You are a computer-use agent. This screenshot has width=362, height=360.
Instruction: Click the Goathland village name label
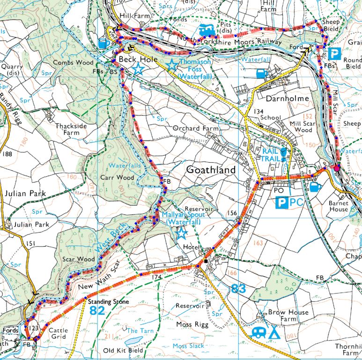[x=211, y=170]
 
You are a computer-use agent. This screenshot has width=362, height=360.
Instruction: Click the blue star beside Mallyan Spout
[x=181, y=232]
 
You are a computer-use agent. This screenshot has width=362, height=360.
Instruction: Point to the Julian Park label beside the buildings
[x=31, y=225]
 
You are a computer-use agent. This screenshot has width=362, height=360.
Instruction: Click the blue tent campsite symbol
[x=274, y=332]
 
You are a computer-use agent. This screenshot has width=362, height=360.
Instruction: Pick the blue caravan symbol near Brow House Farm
[x=258, y=332]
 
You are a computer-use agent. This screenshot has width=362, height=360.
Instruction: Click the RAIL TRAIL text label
[x=271, y=154]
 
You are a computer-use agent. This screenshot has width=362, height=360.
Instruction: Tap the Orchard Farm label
[x=193, y=128]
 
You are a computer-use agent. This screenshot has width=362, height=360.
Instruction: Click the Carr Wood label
[x=119, y=178]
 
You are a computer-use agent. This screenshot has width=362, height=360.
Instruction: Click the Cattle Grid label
[x=58, y=334]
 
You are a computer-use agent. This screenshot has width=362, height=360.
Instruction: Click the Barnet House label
[x=338, y=206]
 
